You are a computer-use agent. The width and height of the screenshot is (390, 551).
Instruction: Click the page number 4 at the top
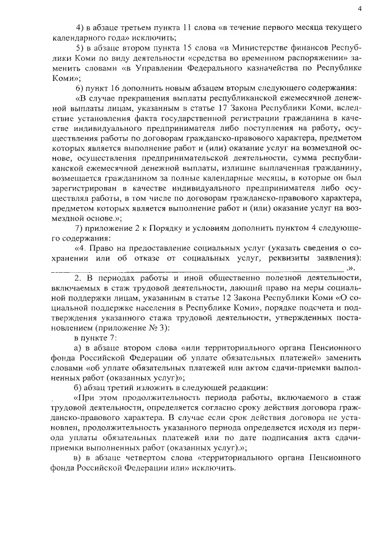[x=360, y=9]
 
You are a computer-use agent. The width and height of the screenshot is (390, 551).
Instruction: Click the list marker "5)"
[x=80, y=47]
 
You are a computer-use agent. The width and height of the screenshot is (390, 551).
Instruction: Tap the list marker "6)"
[x=80, y=88]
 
